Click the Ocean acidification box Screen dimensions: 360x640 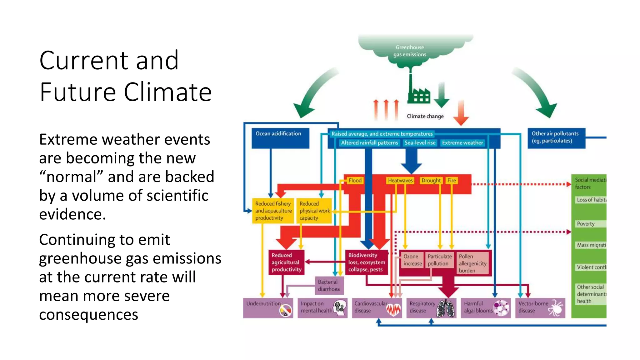click(x=280, y=138)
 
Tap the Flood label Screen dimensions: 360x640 click(x=355, y=180)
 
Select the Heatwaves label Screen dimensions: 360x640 click(x=400, y=180)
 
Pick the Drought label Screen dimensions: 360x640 click(x=431, y=180)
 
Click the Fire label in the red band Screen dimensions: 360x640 click(x=452, y=180)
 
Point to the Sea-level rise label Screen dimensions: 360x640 click(x=420, y=143)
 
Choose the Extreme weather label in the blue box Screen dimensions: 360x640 click(x=462, y=143)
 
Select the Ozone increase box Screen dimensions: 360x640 click(x=412, y=260)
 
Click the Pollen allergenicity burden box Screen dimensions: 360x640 click(x=472, y=263)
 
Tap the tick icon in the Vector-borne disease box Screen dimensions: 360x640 click(x=556, y=308)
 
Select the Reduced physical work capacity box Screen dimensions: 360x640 click(x=314, y=211)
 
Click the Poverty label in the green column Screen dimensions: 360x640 click(x=586, y=224)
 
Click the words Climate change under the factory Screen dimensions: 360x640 click(x=425, y=116)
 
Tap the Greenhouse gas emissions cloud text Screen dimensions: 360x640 click(x=410, y=51)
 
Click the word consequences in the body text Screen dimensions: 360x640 click(x=88, y=315)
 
